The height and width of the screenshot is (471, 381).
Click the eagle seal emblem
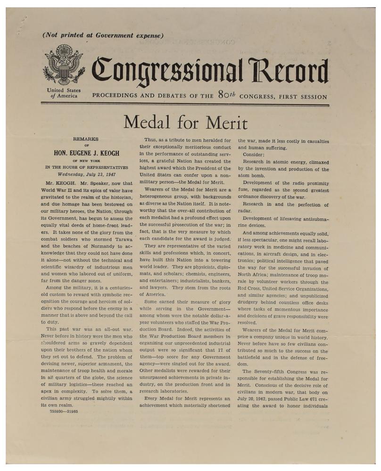point(64,65)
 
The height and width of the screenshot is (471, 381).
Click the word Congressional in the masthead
point(168,70)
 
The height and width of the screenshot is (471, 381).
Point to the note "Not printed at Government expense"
point(103,35)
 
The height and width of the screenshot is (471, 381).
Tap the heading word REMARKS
point(86,139)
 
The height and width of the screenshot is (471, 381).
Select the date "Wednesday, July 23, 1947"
point(86,174)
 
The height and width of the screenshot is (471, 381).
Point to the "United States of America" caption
point(64,93)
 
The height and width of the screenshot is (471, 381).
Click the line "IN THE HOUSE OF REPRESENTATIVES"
point(86,167)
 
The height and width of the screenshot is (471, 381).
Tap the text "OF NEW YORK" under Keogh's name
point(86,160)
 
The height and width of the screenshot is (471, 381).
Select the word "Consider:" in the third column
point(254,154)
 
